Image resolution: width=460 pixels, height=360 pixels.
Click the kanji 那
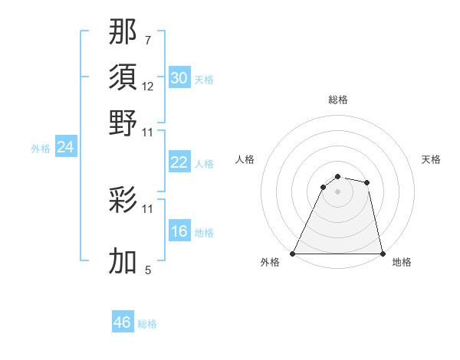(123, 34)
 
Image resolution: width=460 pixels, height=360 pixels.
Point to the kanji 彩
(123, 201)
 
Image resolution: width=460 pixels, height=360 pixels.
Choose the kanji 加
(123, 260)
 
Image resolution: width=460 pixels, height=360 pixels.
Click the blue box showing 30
(179, 78)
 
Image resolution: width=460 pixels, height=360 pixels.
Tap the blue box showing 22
(179, 162)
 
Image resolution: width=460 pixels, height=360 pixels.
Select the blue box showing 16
(179, 231)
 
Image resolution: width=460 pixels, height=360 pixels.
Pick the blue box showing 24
(65, 147)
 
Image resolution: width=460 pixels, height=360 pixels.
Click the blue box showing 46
(123, 322)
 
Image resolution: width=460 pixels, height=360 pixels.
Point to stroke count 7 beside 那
(148, 39)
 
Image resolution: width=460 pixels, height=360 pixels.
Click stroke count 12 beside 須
(148, 87)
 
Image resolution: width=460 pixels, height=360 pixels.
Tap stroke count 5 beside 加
(148, 270)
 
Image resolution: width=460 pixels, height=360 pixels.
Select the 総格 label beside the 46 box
(147, 325)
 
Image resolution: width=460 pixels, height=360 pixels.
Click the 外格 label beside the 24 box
(41, 149)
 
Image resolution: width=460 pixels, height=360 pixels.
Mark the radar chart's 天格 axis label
(431, 159)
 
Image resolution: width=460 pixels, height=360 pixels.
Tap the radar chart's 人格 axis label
(245, 159)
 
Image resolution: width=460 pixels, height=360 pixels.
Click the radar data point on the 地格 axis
(382, 253)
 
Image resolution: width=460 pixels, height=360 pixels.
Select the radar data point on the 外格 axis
(294, 253)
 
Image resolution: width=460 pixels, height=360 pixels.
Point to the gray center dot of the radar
(337, 191)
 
